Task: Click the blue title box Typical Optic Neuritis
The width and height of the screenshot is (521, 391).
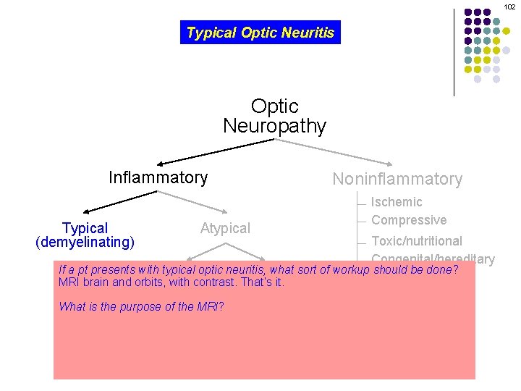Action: point(260,33)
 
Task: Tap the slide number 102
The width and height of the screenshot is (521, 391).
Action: point(510,7)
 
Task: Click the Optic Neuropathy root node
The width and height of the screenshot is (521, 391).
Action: point(274,117)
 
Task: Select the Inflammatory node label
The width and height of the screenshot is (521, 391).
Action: point(158,177)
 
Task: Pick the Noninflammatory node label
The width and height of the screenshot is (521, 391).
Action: point(397,179)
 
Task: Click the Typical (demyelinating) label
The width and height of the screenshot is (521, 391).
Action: point(85,235)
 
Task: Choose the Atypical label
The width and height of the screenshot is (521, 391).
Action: point(225,229)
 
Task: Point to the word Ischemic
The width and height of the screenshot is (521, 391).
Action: point(397,202)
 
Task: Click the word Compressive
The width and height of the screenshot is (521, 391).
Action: point(409,220)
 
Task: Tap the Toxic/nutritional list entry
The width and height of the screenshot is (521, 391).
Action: point(417,241)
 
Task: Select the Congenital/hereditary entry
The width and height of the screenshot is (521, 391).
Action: point(433,258)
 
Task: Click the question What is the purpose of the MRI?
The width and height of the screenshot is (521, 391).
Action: point(141,306)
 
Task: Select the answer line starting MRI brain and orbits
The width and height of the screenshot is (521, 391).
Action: point(171,282)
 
